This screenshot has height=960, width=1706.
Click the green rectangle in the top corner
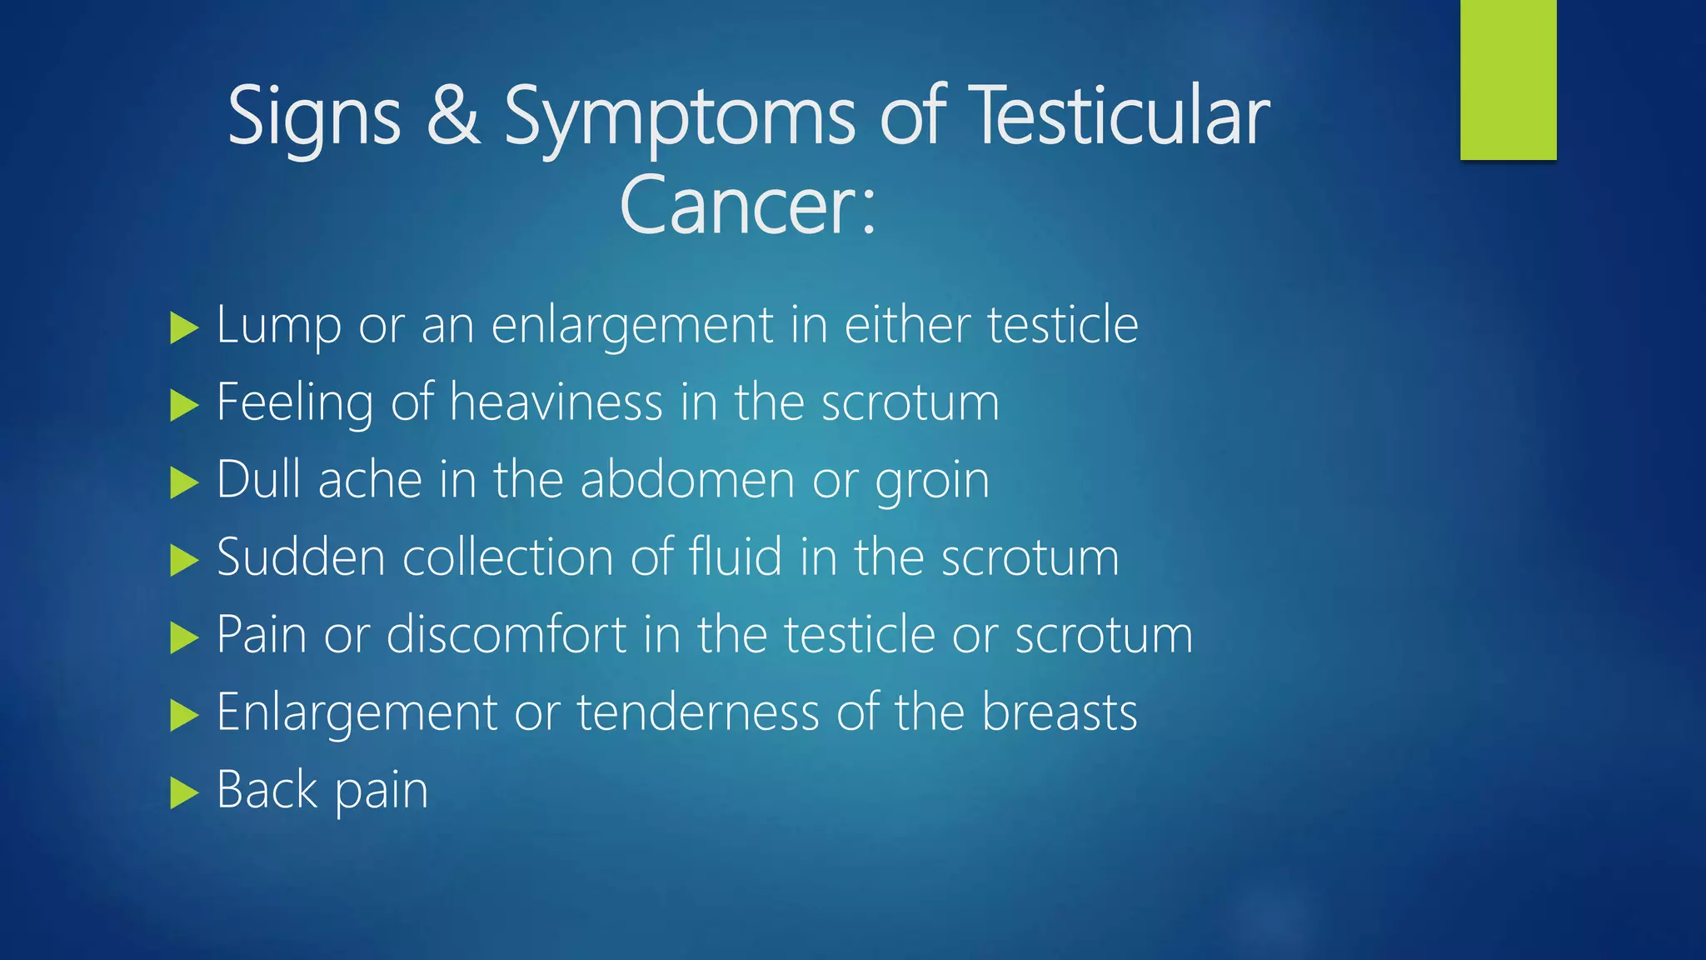click(x=1508, y=80)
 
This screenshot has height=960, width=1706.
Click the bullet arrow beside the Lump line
click(x=183, y=327)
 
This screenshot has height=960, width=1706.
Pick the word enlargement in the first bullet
click(x=632, y=325)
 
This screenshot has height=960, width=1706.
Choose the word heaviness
click(x=556, y=402)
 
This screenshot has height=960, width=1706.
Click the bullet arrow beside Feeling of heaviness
click(x=183, y=406)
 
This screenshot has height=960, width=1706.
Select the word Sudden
click(x=301, y=557)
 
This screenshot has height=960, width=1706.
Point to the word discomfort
click(x=506, y=634)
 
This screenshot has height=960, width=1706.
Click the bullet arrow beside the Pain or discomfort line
click(x=183, y=638)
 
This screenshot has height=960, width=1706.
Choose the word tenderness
click(x=698, y=712)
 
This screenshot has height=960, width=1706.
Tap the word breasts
click(x=1059, y=712)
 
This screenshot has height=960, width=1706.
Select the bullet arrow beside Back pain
click(x=183, y=792)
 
